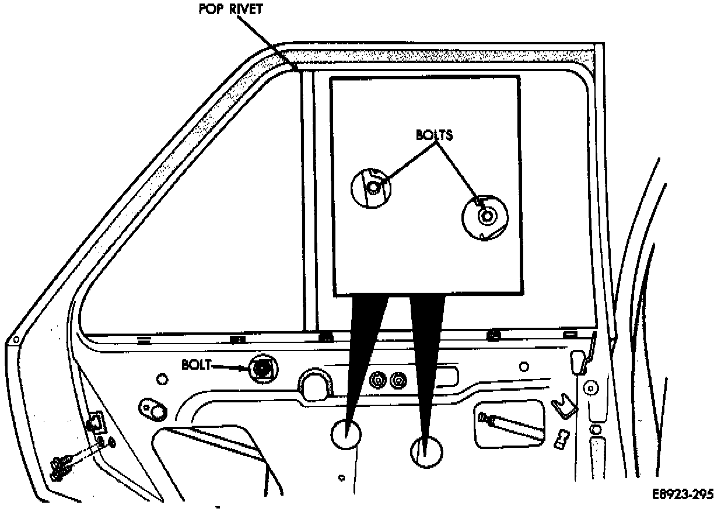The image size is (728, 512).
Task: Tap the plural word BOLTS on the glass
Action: coord(434,134)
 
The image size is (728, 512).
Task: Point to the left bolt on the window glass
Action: coord(373,187)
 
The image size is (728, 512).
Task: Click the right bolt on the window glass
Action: coord(485,216)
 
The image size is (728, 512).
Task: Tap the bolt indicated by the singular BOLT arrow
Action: coord(263,369)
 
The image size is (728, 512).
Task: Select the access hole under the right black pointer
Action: coord(426,451)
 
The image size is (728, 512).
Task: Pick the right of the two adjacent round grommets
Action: coord(398,380)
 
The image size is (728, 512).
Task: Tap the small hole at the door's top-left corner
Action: coord(16,340)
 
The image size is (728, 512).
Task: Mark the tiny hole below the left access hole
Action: coord(342,476)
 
